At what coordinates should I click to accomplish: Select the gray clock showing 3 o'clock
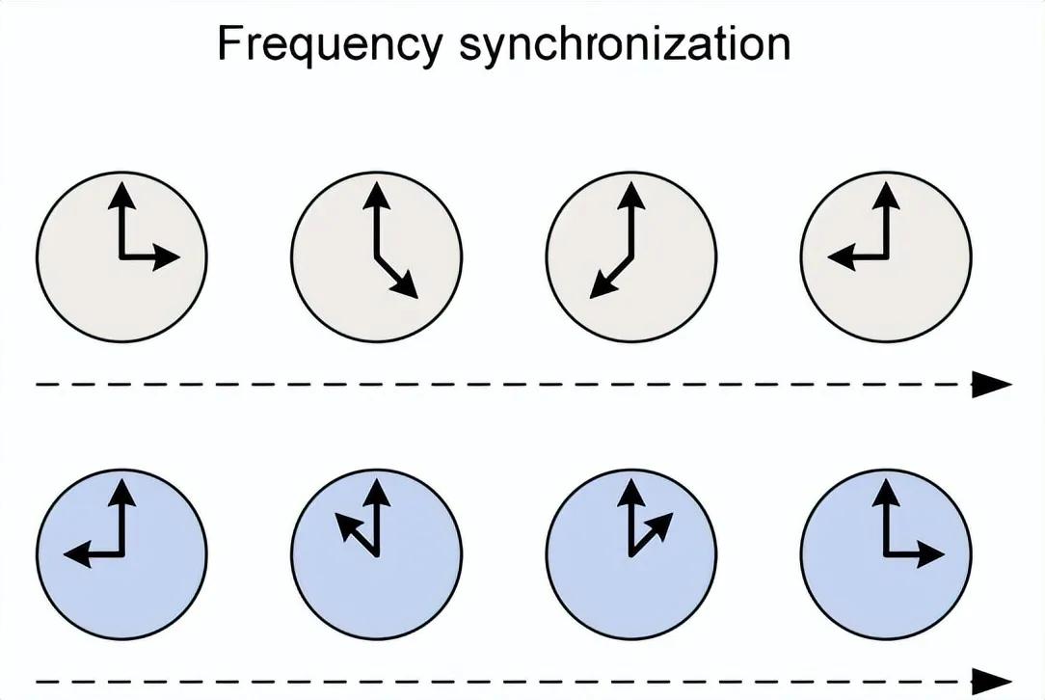(x=121, y=256)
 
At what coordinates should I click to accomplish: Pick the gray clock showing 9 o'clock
(x=886, y=256)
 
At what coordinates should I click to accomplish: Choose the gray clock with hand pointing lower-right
(x=376, y=256)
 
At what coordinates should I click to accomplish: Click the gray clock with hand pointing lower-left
(x=630, y=256)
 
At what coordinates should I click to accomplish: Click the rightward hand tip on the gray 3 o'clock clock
(x=174, y=257)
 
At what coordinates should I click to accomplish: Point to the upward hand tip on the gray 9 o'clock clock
(x=886, y=191)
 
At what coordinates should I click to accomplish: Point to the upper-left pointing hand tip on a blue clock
(x=340, y=519)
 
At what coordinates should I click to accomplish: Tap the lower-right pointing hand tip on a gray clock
(x=414, y=294)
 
